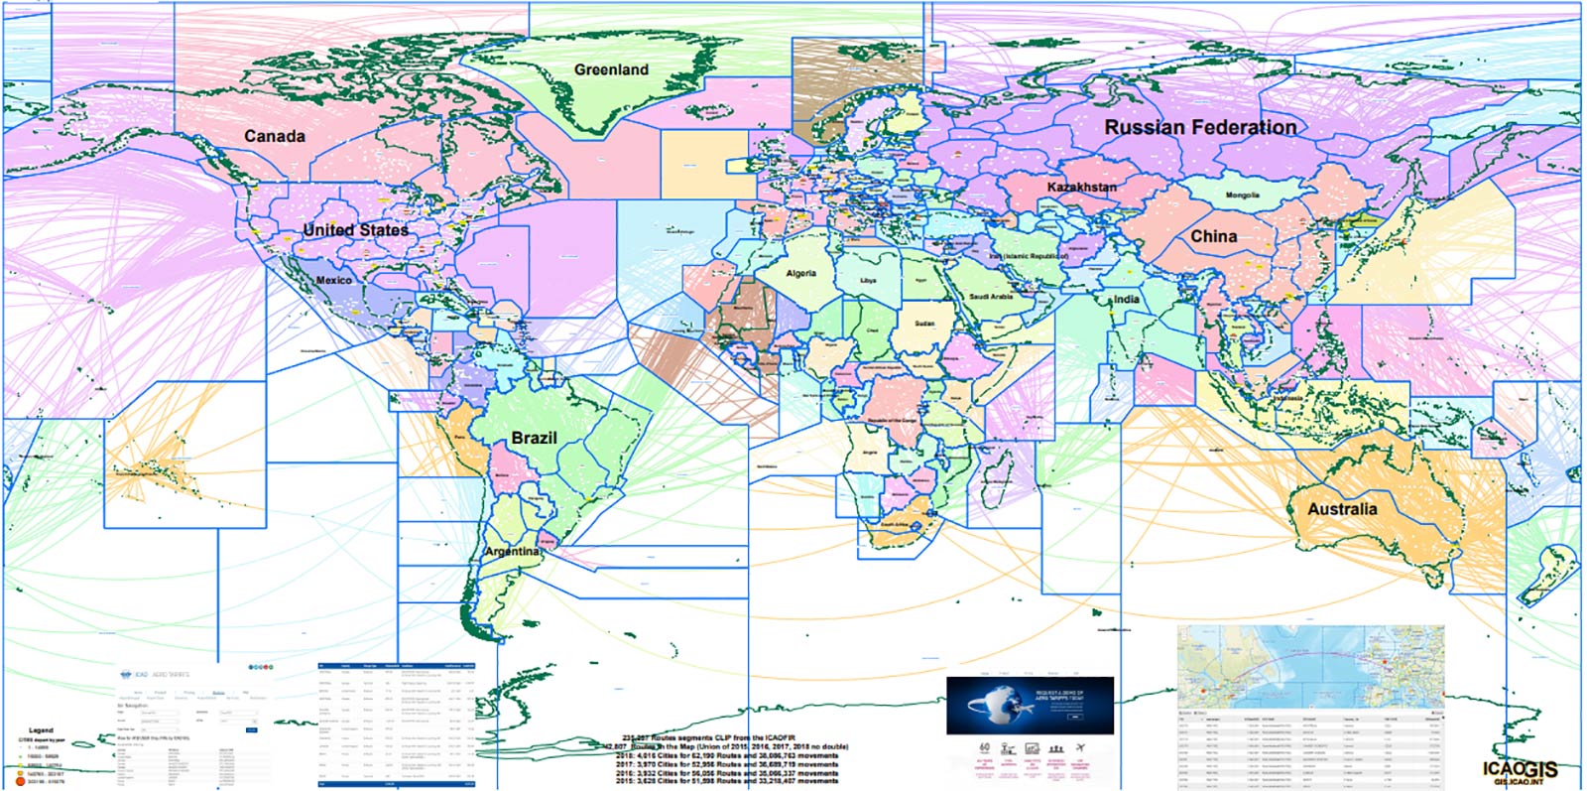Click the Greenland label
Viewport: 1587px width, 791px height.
point(611,69)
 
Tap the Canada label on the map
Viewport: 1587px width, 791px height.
point(275,136)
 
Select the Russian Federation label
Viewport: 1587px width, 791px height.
point(1200,127)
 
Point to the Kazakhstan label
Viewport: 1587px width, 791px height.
point(1081,187)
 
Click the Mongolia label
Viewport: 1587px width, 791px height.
point(1242,196)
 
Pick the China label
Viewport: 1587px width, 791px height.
point(1213,236)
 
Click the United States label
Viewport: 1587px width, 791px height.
point(355,229)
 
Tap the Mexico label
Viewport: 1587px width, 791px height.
point(333,280)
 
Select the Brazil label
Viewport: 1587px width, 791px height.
point(534,438)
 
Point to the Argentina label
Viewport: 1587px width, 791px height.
point(512,551)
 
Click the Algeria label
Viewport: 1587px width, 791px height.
point(800,273)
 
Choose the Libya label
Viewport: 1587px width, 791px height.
point(868,281)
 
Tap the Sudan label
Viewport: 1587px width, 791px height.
point(924,324)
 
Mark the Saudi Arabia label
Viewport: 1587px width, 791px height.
point(991,297)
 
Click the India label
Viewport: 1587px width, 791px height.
point(1126,299)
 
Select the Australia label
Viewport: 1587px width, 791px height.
point(1341,508)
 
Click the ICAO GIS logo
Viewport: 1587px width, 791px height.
point(1520,771)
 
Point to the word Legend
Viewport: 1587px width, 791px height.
point(41,730)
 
